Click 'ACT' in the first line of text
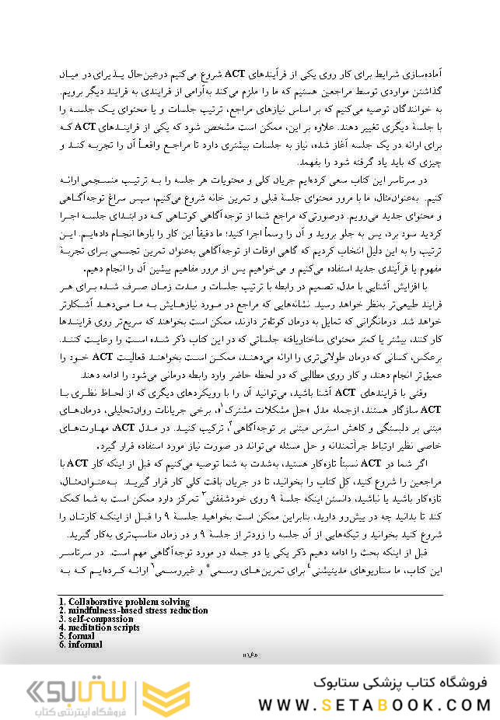(x=236, y=74)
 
